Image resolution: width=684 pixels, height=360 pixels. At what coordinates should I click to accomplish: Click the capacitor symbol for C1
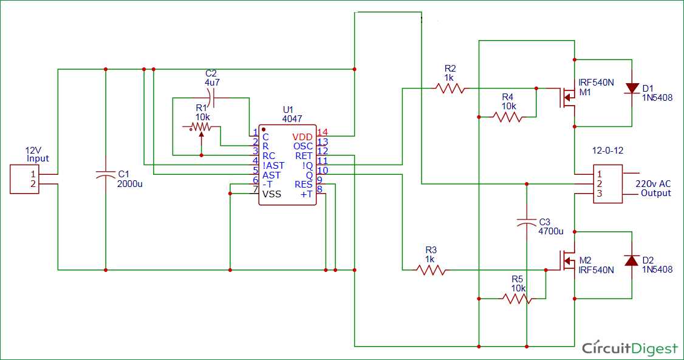106,174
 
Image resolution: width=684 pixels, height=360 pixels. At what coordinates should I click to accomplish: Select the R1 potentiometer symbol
200,127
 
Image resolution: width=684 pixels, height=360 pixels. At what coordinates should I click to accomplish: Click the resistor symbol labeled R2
450,88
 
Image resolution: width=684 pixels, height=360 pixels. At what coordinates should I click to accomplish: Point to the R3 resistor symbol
431,269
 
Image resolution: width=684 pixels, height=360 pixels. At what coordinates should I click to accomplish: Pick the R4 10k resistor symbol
508,117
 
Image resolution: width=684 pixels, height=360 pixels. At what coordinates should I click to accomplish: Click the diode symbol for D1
632,89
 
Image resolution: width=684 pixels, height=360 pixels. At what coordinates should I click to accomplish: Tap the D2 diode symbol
632,260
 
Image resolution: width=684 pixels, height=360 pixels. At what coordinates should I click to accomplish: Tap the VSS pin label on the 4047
272,194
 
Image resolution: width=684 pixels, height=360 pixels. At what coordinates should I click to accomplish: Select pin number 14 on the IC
323,132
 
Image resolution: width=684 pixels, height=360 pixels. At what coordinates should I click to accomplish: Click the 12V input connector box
25,179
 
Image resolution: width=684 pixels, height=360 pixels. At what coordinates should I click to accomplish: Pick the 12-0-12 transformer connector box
607,184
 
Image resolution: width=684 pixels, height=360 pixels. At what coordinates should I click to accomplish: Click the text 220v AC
653,183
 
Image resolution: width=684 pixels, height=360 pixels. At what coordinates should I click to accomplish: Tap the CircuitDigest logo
629,348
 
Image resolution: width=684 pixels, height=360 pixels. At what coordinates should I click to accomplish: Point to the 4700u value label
551,231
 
